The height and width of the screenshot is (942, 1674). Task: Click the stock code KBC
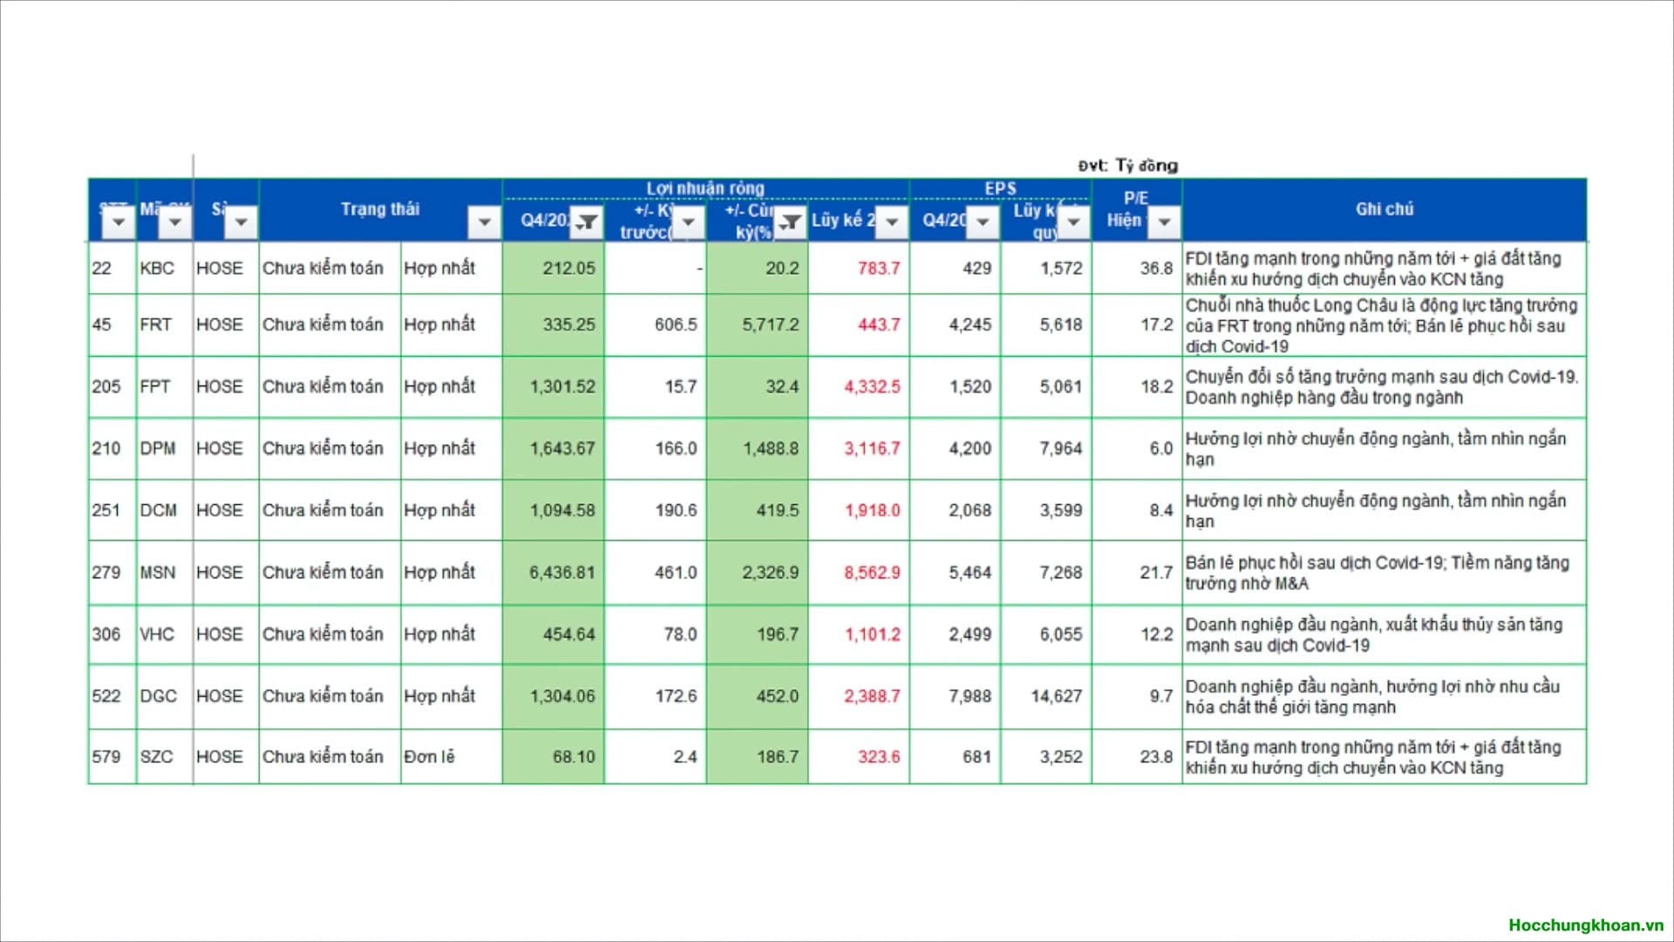(157, 269)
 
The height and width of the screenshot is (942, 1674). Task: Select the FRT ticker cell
(155, 324)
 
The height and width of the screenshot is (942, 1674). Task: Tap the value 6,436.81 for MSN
(561, 573)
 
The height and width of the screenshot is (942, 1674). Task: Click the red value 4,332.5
(871, 386)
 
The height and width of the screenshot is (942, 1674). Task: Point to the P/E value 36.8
(1156, 269)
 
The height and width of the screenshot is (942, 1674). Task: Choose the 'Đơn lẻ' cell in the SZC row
(429, 757)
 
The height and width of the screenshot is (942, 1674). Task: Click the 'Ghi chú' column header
(1384, 209)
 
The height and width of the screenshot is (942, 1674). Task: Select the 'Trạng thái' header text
(379, 209)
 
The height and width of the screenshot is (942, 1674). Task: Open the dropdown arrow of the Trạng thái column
(484, 222)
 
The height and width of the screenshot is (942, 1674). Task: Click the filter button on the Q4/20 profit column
(587, 222)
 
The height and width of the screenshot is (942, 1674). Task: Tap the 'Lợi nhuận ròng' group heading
(704, 188)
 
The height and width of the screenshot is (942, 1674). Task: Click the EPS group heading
(1000, 188)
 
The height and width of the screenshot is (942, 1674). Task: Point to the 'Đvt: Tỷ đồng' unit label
(1127, 166)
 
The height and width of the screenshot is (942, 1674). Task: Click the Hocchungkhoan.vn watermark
(1586, 925)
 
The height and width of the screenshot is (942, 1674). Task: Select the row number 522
(106, 696)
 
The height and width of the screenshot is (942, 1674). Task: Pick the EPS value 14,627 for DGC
(1056, 696)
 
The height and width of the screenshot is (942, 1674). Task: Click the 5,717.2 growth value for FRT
(770, 324)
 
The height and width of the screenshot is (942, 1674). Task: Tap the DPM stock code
(158, 448)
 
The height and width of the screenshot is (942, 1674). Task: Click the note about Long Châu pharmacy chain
(1381, 325)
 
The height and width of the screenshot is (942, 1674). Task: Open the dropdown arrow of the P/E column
(1164, 222)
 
